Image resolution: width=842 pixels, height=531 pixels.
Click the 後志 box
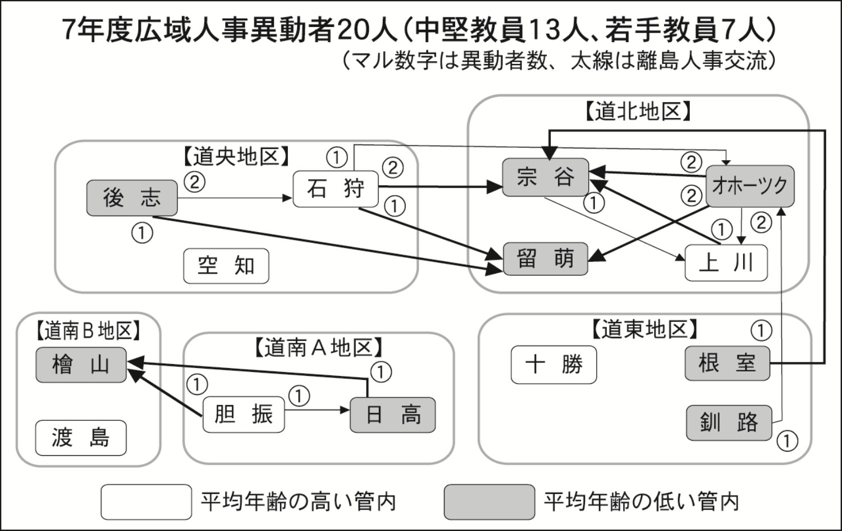tap(132, 198)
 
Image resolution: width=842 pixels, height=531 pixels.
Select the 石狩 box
tap(336, 188)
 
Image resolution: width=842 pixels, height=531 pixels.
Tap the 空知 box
tap(226, 266)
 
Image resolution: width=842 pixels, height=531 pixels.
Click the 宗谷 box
tap(545, 178)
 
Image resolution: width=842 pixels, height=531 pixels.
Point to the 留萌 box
tap(545, 259)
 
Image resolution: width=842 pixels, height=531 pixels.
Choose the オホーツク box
tap(749, 186)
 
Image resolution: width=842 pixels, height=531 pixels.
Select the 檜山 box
tap(81, 365)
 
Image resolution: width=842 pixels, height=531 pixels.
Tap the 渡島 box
tap(81, 438)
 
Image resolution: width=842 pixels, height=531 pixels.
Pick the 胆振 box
tap(243, 415)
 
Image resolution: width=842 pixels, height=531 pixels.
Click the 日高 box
tap(392, 415)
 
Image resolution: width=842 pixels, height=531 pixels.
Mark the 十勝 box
tap(553, 365)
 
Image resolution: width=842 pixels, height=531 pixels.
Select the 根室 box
tap(727, 364)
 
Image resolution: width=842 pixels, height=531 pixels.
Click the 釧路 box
tap(729, 423)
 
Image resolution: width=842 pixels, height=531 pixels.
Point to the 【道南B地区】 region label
tap(87, 331)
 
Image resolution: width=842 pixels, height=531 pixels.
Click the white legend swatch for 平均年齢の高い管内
tap(147, 502)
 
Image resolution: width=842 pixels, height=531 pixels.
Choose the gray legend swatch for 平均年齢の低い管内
tap(489, 502)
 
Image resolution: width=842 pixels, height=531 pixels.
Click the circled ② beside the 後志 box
tap(194, 181)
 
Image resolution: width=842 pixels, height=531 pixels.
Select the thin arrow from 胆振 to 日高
tap(317, 410)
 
